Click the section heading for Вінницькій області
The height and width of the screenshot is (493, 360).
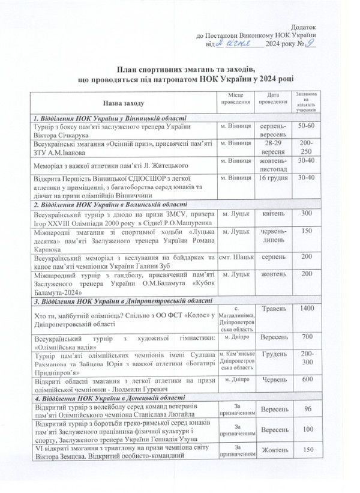[110, 118]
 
